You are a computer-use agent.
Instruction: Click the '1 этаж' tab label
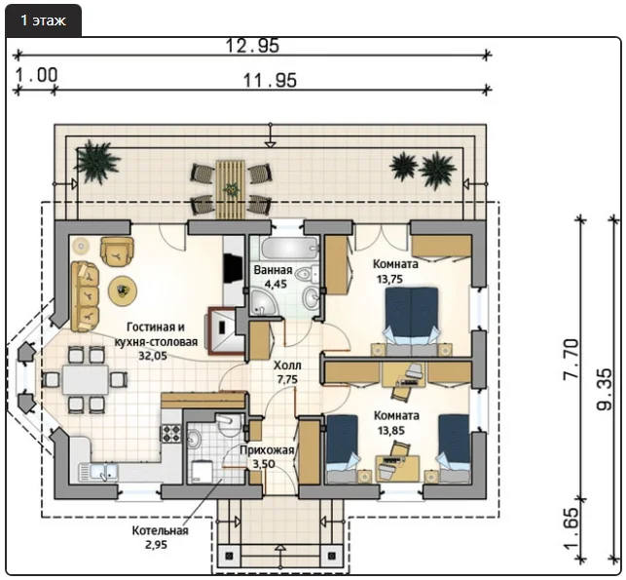pos(43,20)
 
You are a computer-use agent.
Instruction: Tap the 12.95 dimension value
pos(252,46)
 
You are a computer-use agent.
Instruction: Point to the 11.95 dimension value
pos(270,80)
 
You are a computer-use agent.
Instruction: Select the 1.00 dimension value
pos(36,75)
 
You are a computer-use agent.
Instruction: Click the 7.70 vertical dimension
pos(570,359)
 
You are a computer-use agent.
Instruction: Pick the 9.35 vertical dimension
pos(604,389)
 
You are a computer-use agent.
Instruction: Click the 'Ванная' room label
pos(273,270)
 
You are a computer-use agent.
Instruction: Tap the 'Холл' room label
pos(287,365)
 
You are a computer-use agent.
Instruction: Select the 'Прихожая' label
pos(267,450)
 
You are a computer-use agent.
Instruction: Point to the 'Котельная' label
pos(160,530)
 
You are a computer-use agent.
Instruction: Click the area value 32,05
pos(153,356)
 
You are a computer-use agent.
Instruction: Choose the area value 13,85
pos(391,431)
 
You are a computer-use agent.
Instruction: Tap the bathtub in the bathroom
pos(289,248)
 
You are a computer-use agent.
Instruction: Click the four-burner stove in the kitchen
pos(171,433)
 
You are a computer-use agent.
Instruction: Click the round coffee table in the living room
pos(123,290)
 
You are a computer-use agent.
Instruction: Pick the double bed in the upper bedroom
pos(411,321)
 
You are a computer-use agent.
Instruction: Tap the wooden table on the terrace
pos(230,189)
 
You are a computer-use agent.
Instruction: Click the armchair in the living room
pos(117,251)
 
